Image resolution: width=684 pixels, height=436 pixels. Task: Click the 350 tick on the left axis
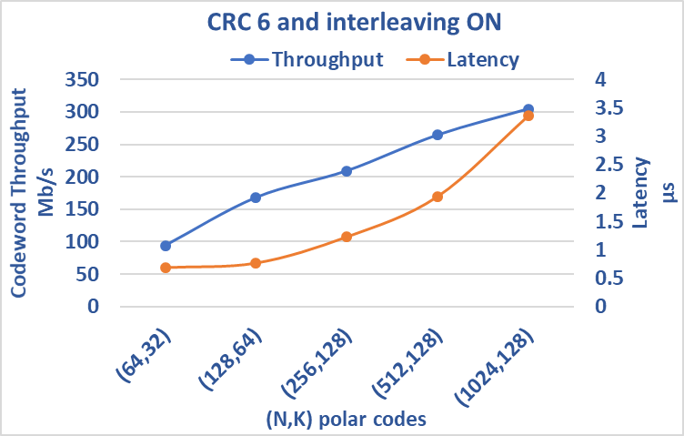(81, 79)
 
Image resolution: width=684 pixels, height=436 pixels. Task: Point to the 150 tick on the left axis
(81, 209)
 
